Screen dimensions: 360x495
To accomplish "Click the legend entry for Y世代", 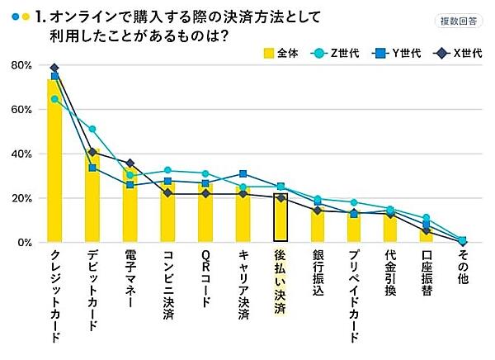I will (389, 54).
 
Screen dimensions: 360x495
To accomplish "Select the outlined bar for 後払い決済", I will (280, 218).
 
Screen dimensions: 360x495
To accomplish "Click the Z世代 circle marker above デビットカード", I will (92, 129).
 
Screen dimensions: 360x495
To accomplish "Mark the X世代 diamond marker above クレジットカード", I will (54, 68).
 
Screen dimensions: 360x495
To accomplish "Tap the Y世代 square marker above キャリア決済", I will (243, 174).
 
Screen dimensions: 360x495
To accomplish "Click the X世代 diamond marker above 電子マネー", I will (130, 163).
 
